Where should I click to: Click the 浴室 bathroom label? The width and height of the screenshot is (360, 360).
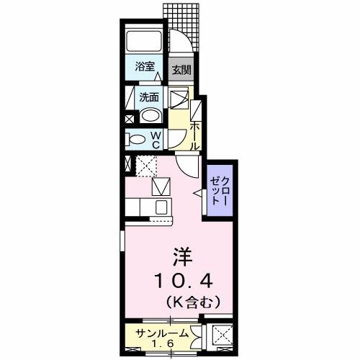[145, 68]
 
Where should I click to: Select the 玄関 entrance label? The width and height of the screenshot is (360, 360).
[181, 70]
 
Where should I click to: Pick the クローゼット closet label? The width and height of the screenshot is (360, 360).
[220, 192]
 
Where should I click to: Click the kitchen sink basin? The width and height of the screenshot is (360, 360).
[161, 207]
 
